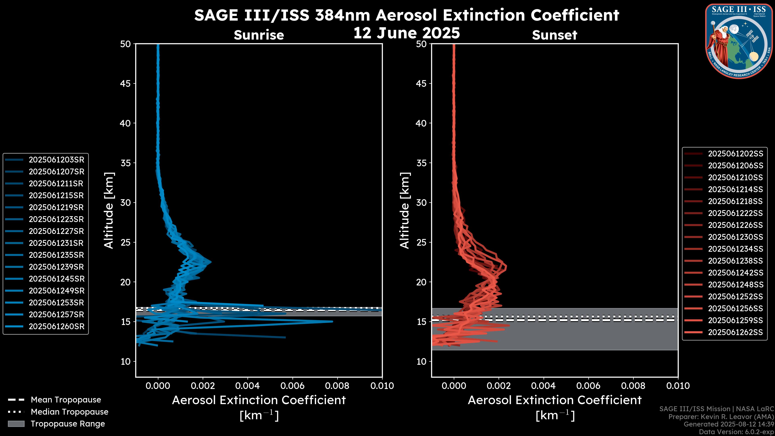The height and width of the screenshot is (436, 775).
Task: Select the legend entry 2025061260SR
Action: click(56, 326)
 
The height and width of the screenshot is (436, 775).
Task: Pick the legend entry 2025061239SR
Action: click(56, 267)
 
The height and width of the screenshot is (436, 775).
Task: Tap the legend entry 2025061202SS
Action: click(735, 154)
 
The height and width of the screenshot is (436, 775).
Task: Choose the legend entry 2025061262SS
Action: click(735, 332)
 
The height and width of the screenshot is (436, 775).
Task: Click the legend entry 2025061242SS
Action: click(735, 273)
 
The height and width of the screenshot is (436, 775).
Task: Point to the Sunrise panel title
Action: click(259, 35)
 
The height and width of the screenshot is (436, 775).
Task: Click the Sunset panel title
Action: click(554, 35)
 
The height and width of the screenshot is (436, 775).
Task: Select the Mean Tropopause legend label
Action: click(66, 400)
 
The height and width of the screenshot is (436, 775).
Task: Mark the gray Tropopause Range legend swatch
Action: click(16, 424)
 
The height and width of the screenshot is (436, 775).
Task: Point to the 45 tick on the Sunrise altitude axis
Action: click(126, 83)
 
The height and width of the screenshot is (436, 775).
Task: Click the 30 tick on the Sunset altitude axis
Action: click(421, 202)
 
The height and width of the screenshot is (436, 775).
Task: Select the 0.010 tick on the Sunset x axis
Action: click(678, 386)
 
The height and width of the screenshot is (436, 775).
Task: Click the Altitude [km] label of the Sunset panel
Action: click(405, 211)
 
